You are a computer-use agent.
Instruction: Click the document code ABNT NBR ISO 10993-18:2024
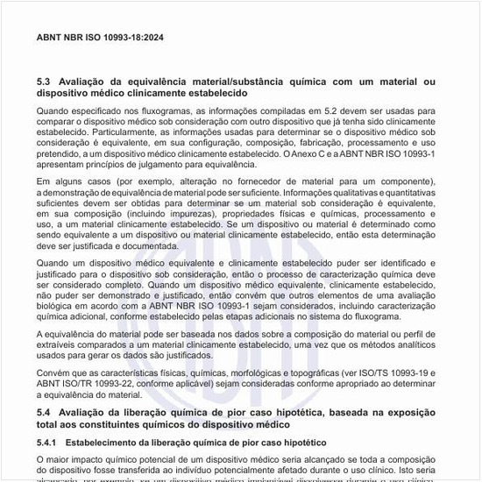click(100, 39)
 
